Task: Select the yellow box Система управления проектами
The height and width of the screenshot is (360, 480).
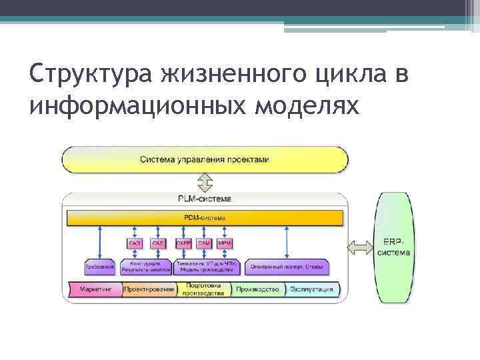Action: [205, 160]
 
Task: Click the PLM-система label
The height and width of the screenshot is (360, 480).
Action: [205, 199]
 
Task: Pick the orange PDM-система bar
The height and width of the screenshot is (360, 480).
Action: [205, 218]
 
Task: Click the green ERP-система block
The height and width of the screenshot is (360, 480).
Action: [394, 247]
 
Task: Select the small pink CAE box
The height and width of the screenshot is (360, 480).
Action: [158, 243]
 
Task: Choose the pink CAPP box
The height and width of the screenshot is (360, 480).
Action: [183, 243]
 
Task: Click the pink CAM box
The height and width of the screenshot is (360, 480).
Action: [205, 243]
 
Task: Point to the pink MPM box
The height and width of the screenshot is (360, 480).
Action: [225, 243]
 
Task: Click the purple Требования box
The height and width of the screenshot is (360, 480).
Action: [99, 267]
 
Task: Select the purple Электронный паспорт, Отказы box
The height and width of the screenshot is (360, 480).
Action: [287, 267]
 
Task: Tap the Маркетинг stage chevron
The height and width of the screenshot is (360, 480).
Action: [94, 290]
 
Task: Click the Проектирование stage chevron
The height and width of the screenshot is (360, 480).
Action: [149, 290]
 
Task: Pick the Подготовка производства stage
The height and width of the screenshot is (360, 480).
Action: [203, 290]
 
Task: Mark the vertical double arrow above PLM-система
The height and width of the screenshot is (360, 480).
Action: [205, 182]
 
